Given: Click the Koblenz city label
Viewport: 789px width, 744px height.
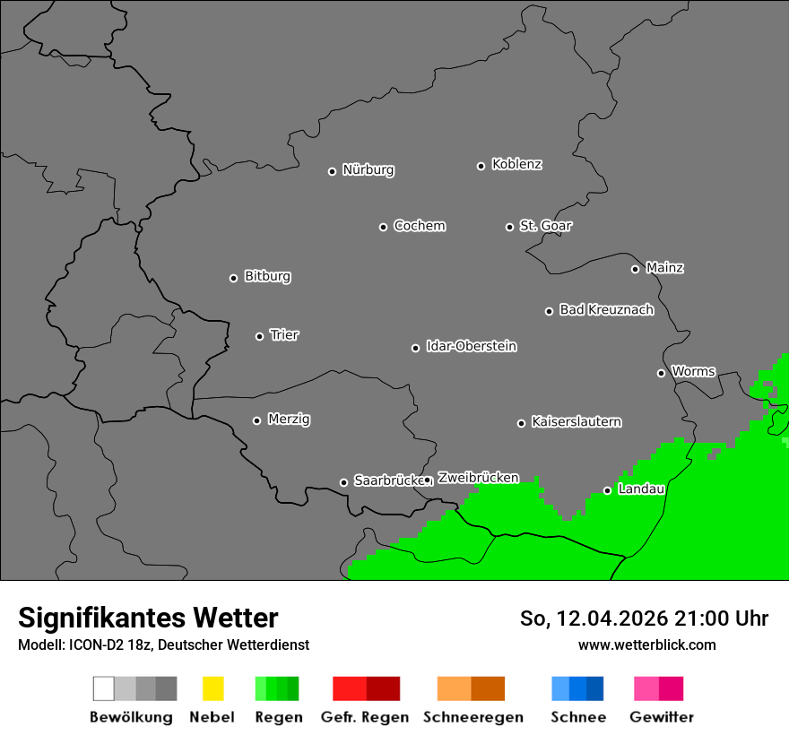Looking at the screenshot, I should [x=516, y=164].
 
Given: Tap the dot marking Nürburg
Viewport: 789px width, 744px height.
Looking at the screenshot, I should [x=332, y=171].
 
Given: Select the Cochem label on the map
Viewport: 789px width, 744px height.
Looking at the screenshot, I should [x=420, y=226].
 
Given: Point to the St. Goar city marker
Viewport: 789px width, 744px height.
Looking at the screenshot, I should [x=509, y=227].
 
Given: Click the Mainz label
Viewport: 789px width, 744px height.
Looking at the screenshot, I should [x=664, y=268].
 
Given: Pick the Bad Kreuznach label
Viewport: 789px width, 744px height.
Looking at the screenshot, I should [x=606, y=310].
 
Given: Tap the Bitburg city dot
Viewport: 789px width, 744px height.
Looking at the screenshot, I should [x=233, y=278].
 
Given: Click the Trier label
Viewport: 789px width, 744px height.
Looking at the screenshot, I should [x=284, y=335].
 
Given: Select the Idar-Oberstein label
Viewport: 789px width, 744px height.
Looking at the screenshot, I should [x=472, y=347].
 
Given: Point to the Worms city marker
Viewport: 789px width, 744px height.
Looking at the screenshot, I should [x=661, y=373].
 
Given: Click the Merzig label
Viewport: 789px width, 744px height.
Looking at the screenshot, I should [x=289, y=420].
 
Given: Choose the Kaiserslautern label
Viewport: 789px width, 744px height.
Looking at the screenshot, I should [x=576, y=422].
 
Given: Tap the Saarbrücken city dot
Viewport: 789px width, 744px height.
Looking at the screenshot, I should [x=343, y=482].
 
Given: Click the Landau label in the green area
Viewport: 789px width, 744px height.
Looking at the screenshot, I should [x=641, y=489].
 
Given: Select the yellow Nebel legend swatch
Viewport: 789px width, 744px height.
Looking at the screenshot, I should [x=212, y=688].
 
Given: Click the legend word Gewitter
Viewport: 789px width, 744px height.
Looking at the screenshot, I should [x=662, y=717].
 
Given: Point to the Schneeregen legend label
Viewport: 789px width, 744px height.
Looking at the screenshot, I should [x=473, y=717].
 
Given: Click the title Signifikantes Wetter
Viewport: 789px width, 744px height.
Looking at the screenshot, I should [x=148, y=618].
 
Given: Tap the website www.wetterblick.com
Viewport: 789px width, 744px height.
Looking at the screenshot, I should [x=646, y=645].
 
